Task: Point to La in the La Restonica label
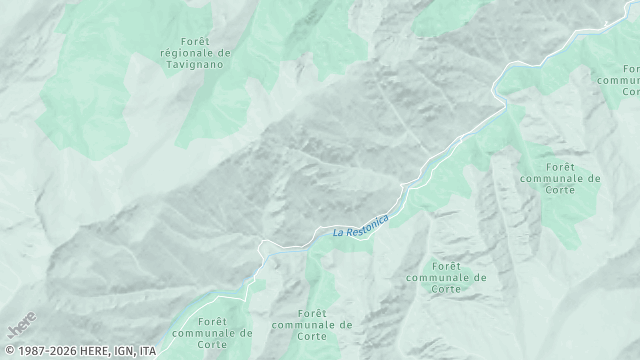(x=338, y=232)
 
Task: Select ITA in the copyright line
(x=147, y=351)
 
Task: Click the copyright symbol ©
(x=7, y=351)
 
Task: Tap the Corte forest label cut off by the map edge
(x=621, y=77)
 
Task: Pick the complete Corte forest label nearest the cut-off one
(x=560, y=177)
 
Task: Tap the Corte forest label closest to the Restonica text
(x=445, y=277)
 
